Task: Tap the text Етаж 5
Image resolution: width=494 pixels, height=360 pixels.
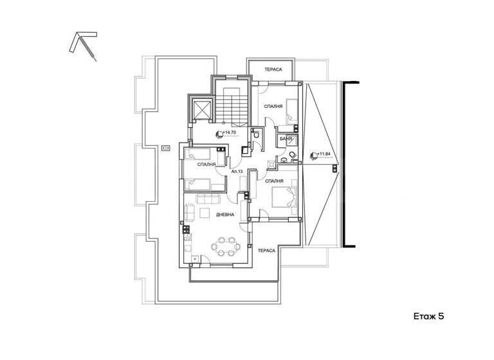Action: tap(428, 316)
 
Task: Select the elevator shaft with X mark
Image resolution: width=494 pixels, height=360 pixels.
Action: tap(201, 109)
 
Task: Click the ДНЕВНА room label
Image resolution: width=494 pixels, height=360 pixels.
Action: tap(225, 215)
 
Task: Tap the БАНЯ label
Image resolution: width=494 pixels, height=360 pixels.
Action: tap(285, 139)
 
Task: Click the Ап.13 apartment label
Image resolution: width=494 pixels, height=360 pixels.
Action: tap(237, 172)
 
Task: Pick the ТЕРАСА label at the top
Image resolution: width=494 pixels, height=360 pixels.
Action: tap(273, 69)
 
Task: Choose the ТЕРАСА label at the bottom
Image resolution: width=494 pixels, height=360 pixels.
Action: tap(266, 251)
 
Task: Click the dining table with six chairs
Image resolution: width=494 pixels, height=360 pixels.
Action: tap(226, 246)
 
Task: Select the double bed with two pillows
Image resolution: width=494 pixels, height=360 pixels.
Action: tap(284, 197)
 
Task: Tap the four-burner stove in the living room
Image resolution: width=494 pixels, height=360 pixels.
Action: tap(187, 229)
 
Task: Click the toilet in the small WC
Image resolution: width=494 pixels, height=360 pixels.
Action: tap(256, 135)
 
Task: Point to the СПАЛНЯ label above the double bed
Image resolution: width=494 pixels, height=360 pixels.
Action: tap(274, 181)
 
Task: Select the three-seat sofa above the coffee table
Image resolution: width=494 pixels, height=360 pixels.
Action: tap(208, 199)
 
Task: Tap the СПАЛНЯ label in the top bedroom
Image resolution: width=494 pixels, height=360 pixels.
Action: tap(273, 107)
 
